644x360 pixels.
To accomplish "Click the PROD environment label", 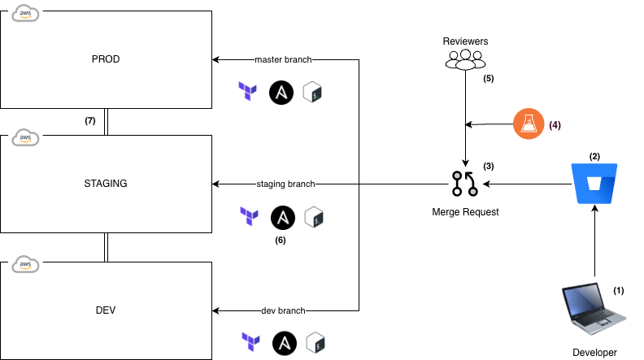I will pyautogui.click(x=106, y=59).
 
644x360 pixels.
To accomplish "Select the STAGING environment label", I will pyautogui.click(x=106, y=184).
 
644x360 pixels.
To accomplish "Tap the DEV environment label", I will pyautogui.click(x=106, y=310).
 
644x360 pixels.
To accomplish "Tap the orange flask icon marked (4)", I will pyautogui.click(x=528, y=124).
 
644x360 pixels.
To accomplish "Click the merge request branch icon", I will pyautogui.click(x=464, y=184).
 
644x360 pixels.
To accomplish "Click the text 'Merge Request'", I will pyautogui.click(x=464, y=212).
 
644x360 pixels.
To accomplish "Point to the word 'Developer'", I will pyautogui.click(x=595, y=352).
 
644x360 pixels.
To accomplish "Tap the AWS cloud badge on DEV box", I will pyautogui.click(x=24, y=264).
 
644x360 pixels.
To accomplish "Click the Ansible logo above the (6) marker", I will pyautogui.click(x=282, y=216).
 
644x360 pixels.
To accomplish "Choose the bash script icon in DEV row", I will pyautogui.click(x=316, y=342).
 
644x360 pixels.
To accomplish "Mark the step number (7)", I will pyautogui.click(x=90, y=120).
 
